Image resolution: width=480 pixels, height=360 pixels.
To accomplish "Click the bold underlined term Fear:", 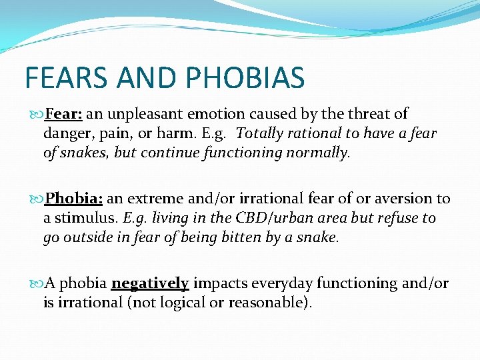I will click(63, 114).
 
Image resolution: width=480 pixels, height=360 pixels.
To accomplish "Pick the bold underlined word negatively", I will click(150, 283).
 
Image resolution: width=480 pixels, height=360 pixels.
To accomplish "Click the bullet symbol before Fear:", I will click(37, 115).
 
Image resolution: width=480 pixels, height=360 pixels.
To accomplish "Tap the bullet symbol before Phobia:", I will click(37, 199).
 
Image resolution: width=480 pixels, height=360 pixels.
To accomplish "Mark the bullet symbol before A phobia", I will click(37, 284).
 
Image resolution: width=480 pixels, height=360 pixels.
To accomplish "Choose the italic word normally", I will click(314, 153).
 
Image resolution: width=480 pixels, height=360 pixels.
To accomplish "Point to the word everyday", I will click(281, 283).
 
